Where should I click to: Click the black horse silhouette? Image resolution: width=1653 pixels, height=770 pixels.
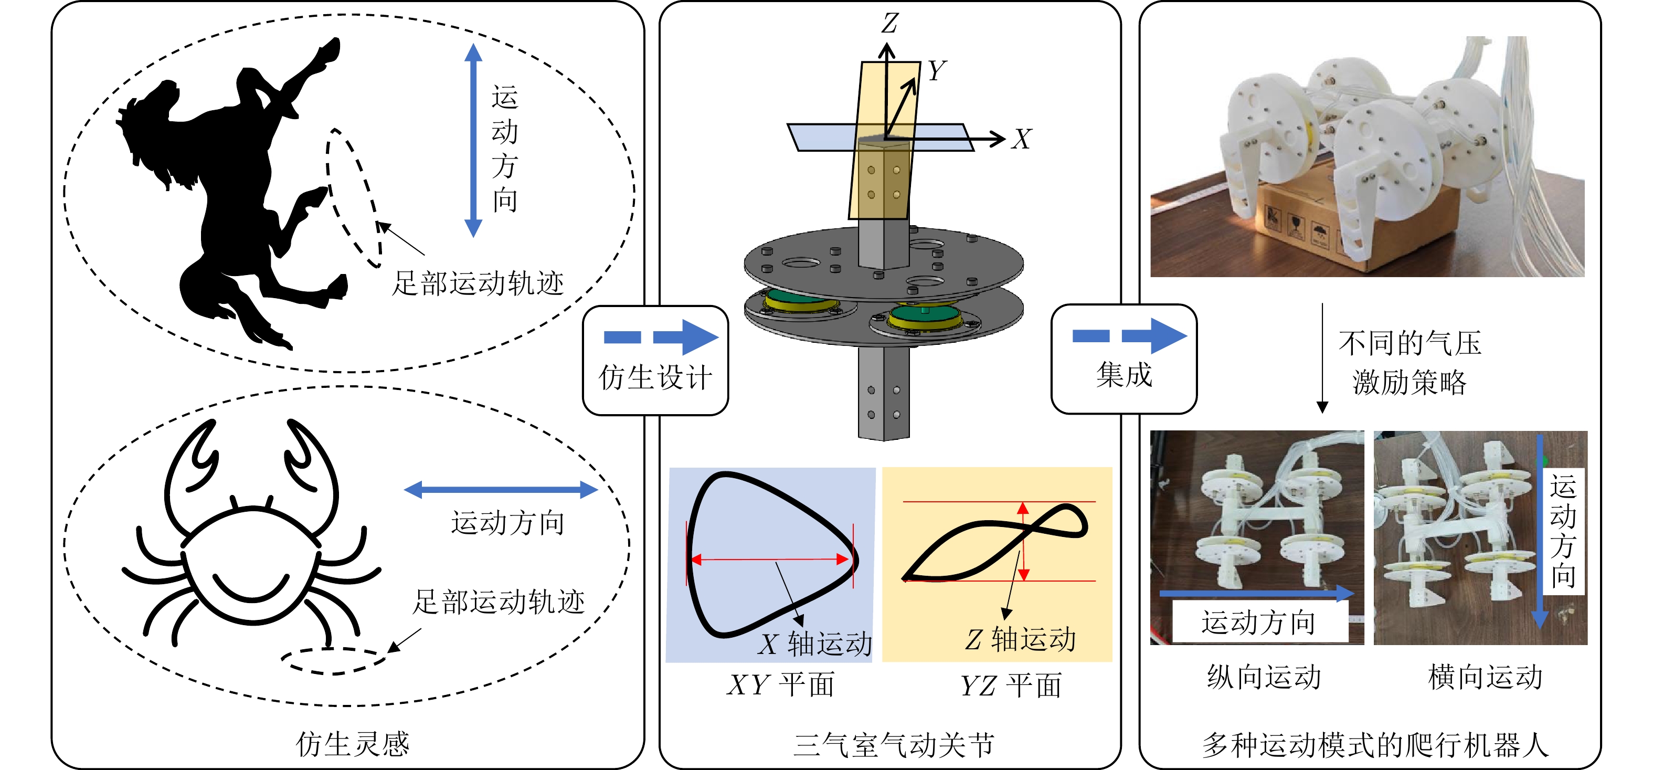(231, 193)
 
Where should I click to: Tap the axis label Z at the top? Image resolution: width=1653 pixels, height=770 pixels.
(889, 23)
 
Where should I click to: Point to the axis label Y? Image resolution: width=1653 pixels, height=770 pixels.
(937, 70)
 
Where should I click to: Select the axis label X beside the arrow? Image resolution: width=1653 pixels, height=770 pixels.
(1022, 139)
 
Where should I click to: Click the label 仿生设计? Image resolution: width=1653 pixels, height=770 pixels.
(655, 377)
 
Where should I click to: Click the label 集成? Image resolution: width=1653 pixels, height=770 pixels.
(1124, 375)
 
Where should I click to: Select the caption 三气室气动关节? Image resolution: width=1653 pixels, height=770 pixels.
(893, 745)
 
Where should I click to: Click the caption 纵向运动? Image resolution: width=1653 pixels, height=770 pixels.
(1264, 677)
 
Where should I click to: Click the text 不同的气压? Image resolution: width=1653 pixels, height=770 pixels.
(1410, 343)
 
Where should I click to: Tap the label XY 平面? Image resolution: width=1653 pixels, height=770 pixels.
(781, 684)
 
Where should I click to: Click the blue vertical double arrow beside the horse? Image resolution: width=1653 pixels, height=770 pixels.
(473, 141)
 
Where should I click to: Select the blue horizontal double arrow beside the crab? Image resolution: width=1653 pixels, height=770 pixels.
(501, 490)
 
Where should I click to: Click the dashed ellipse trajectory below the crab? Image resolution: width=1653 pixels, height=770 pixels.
(334, 661)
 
